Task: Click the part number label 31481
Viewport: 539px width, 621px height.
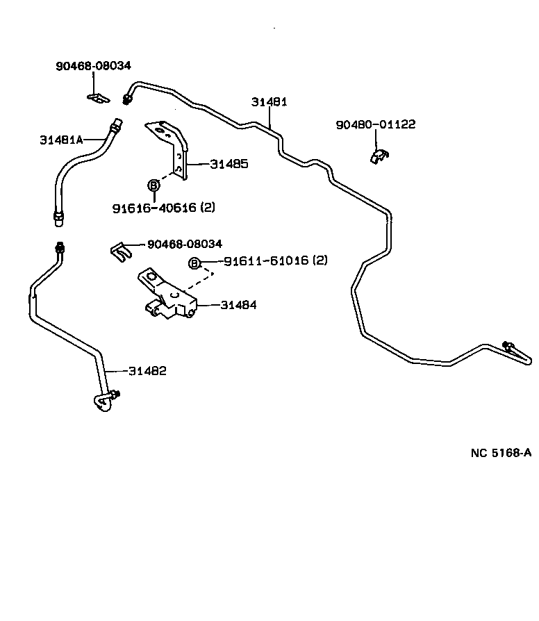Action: (x=269, y=102)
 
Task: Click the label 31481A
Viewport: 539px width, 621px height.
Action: (x=61, y=140)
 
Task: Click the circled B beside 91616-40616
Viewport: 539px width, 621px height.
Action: (x=154, y=185)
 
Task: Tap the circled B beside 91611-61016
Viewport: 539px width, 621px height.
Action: (x=195, y=263)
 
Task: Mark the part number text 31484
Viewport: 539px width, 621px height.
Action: (x=238, y=305)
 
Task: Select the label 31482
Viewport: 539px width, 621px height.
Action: (x=147, y=371)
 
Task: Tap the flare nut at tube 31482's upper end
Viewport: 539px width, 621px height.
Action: (x=60, y=248)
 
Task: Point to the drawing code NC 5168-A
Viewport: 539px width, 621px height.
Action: (x=500, y=453)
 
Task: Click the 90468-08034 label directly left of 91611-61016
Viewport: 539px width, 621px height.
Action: (x=184, y=244)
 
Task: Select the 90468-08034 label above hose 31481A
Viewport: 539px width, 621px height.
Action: (x=93, y=66)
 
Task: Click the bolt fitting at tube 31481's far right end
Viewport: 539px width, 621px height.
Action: (x=509, y=346)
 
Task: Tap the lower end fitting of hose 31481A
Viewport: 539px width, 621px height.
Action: (x=59, y=218)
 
